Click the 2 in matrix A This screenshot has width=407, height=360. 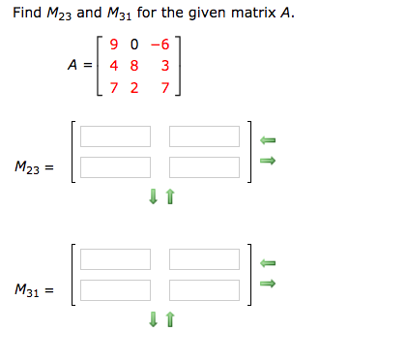(x=132, y=89)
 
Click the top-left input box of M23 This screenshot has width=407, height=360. (x=115, y=136)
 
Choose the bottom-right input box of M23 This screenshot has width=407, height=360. (x=204, y=166)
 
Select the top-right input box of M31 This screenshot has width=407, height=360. (x=204, y=258)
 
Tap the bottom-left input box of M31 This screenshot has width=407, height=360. (x=115, y=288)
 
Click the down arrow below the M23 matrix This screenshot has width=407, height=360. (x=153, y=197)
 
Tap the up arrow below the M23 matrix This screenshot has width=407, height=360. (x=170, y=197)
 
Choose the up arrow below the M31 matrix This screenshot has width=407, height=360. (x=170, y=318)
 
